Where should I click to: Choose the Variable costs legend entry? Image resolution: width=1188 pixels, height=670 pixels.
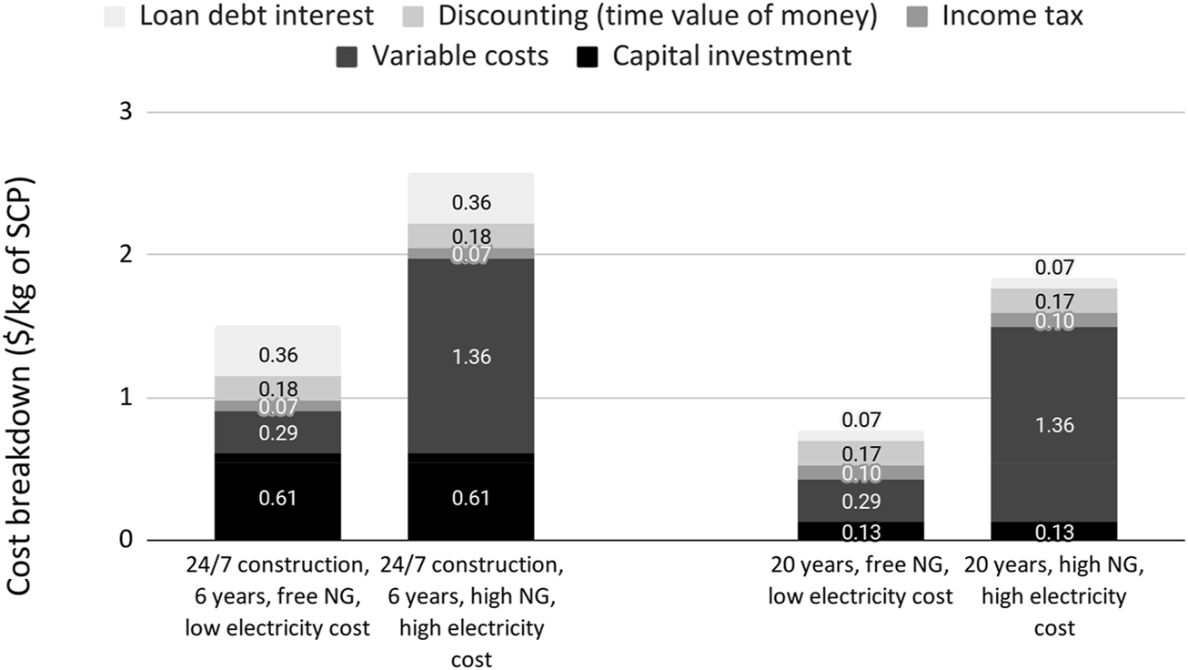click(x=458, y=56)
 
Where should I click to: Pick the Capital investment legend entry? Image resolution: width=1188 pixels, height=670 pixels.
click(x=731, y=56)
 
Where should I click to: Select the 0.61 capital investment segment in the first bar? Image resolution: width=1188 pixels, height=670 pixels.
click(x=277, y=498)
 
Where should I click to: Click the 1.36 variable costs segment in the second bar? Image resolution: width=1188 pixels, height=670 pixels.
click(x=470, y=356)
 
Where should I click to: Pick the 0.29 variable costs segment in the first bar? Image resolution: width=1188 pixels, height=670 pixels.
click(x=277, y=432)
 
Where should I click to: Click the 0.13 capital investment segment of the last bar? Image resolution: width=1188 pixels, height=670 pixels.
click(x=1053, y=532)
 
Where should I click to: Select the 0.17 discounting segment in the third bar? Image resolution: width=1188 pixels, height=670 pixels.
click(x=861, y=452)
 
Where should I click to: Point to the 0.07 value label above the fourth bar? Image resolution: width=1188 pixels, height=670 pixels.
click(x=1053, y=268)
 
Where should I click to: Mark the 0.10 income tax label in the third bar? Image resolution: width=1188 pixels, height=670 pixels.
click(x=861, y=473)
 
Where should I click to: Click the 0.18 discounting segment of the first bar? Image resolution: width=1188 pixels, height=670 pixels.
click(x=277, y=388)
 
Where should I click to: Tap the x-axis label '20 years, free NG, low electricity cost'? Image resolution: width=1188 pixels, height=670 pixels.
click(x=861, y=583)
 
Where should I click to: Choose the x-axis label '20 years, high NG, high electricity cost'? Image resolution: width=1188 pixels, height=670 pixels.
click(x=1053, y=597)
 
